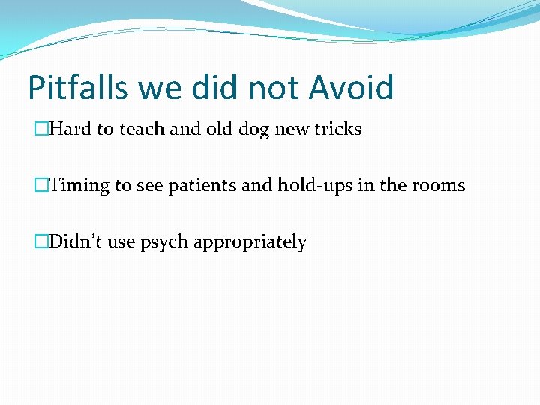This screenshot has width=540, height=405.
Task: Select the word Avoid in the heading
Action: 351,88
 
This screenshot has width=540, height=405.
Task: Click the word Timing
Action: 79,186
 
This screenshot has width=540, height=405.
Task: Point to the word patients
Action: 198,186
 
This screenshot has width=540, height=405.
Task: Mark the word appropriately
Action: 250,242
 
